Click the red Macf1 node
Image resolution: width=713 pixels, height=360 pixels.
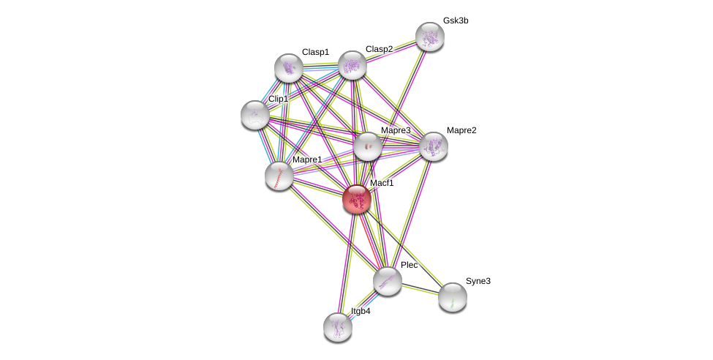(x=357, y=198)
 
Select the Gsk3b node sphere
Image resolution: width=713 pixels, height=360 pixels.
(x=430, y=37)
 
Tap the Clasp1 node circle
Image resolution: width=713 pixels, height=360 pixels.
(x=289, y=68)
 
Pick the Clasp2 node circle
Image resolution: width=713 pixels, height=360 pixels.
(x=352, y=65)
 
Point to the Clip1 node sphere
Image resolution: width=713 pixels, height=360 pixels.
(x=255, y=115)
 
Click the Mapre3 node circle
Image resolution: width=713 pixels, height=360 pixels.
(x=368, y=146)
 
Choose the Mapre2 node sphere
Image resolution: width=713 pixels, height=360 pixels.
(x=434, y=146)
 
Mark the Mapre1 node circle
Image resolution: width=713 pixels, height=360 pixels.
(x=279, y=176)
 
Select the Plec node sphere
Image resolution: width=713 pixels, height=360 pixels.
(x=387, y=280)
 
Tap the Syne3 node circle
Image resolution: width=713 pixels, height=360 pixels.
(x=453, y=296)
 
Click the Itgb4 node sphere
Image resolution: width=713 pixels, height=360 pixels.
(x=338, y=326)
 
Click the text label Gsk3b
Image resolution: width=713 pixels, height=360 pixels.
(x=455, y=20)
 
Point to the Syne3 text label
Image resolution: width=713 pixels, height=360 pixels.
(x=478, y=281)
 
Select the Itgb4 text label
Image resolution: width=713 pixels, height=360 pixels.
(x=361, y=311)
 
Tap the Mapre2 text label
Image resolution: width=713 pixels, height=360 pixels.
(x=461, y=130)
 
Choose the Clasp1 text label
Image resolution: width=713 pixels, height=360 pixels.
(x=315, y=52)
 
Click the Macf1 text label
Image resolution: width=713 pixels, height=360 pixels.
(x=382, y=183)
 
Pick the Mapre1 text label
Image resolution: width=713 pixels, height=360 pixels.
(x=307, y=160)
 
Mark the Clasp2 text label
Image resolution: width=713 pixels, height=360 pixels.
(x=379, y=49)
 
